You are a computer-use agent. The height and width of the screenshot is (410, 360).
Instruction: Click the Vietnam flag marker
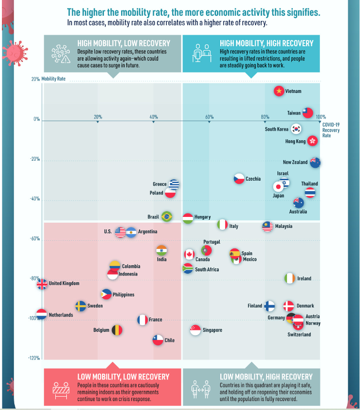click(x=279, y=91)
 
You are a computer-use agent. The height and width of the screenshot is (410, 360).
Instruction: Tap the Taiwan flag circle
click(x=308, y=113)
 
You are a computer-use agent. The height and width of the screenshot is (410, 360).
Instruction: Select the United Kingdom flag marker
click(x=42, y=284)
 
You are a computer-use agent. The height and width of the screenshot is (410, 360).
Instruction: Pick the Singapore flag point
click(x=195, y=330)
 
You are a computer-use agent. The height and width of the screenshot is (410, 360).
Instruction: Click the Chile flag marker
click(x=158, y=340)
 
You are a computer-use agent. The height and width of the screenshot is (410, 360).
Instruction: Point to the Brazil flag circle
click(x=166, y=216)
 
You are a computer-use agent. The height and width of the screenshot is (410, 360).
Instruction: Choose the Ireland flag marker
click(x=290, y=278)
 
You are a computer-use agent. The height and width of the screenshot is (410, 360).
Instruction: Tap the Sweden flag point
click(x=81, y=306)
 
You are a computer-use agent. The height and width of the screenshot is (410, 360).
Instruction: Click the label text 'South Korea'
click(x=277, y=129)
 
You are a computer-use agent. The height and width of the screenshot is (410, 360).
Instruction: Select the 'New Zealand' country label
click(x=295, y=163)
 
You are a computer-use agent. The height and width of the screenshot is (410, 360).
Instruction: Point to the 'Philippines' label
click(x=123, y=295)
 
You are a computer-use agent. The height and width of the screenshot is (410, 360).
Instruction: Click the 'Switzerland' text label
click(x=299, y=335)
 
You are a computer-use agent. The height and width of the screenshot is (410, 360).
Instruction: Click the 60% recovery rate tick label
click(x=209, y=117)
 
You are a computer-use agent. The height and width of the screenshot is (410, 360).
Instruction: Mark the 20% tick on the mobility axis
click(x=36, y=79)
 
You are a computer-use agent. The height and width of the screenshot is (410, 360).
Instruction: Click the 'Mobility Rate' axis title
click(x=53, y=79)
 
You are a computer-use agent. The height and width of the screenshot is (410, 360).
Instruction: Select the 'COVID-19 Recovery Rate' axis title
click(x=331, y=129)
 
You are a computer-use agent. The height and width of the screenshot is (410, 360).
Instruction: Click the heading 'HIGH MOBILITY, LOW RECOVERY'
click(x=117, y=43)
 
